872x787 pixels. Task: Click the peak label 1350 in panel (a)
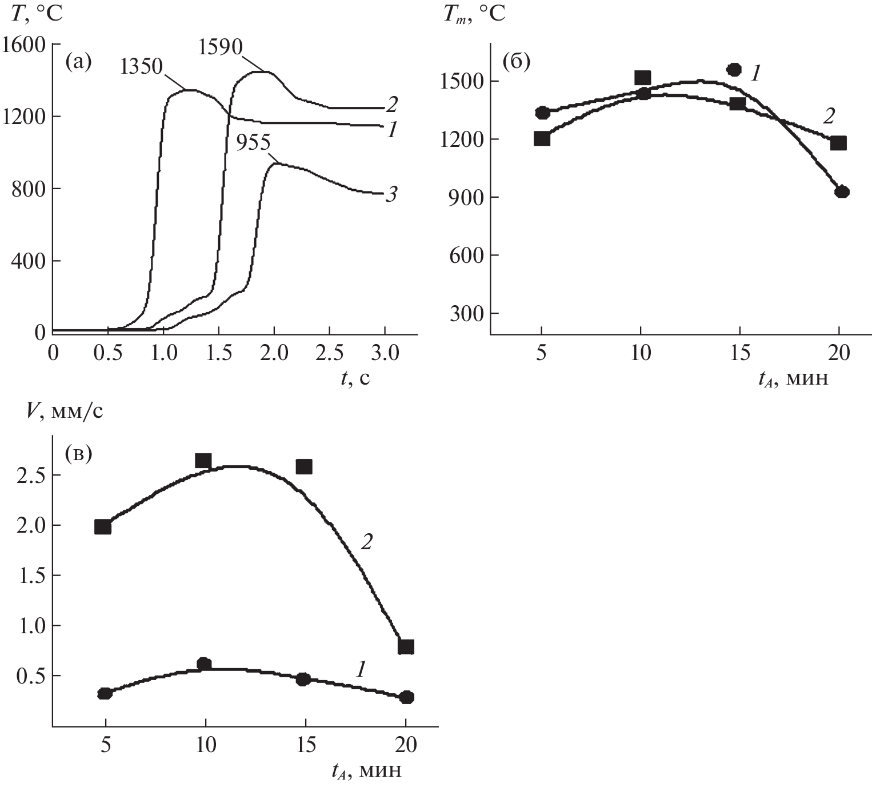142,67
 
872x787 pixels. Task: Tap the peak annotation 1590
221,47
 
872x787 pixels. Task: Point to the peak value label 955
253,143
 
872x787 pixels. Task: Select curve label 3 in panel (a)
391,194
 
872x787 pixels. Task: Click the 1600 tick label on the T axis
24,45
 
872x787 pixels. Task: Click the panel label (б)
516,62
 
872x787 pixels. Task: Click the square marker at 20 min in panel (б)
838,143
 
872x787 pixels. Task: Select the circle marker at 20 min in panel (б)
841,191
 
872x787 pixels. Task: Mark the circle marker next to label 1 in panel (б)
734,69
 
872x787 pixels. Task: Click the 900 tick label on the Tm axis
466,197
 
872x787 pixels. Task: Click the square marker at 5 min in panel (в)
103,527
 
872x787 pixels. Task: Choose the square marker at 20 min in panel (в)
406,647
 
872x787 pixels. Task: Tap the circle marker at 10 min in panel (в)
204,664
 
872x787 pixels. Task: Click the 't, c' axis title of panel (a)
355,378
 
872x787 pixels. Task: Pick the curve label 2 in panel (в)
366,541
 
